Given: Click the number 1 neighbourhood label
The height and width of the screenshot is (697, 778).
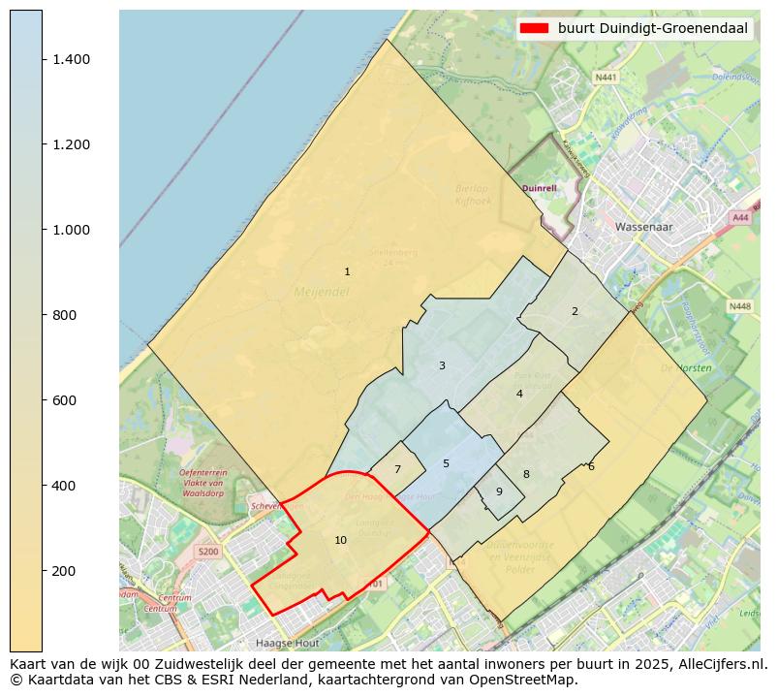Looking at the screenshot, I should pyautogui.click(x=347, y=271).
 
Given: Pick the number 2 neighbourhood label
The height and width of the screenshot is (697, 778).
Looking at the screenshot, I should pyautogui.click(x=575, y=311).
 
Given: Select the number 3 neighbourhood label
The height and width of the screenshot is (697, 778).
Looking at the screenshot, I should pyautogui.click(x=442, y=365).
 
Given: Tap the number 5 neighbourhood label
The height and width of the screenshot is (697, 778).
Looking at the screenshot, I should pyautogui.click(x=446, y=463).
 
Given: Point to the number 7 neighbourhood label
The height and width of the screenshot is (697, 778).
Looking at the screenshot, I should pyautogui.click(x=397, y=469).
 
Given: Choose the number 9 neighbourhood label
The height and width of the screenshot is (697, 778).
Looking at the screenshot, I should pyautogui.click(x=499, y=491).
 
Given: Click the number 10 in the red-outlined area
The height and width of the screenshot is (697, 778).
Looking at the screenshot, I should pyautogui.click(x=340, y=540).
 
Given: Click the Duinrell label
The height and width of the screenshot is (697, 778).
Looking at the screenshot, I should pyautogui.click(x=540, y=188).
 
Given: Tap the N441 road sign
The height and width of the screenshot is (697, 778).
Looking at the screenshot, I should pyautogui.click(x=607, y=77).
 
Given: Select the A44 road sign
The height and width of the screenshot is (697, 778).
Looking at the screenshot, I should pyautogui.click(x=741, y=218).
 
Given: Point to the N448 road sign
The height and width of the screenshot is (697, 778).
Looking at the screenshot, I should pyautogui.click(x=739, y=306).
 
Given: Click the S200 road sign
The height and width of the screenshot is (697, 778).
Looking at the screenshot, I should pyautogui.click(x=207, y=552).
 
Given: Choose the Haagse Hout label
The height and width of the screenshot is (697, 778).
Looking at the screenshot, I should pyautogui.click(x=287, y=643).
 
